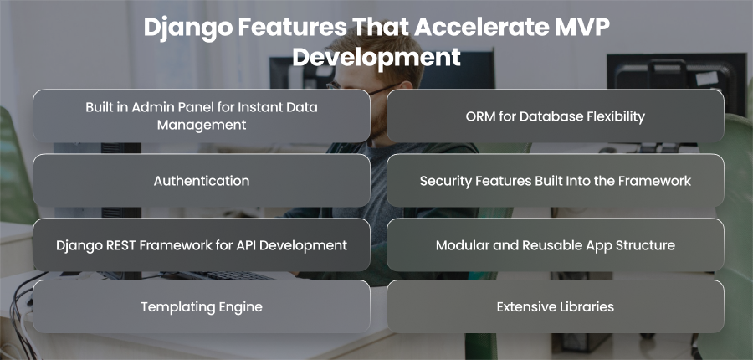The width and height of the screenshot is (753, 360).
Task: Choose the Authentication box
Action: [x=202, y=181]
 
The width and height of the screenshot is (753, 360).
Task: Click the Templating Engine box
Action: [x=202, y=306]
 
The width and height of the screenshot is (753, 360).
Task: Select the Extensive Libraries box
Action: [x=556, y=306]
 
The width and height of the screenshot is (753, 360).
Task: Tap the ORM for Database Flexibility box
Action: [x=556, y=116]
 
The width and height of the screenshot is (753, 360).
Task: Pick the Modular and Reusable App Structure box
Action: [x=556, y=245]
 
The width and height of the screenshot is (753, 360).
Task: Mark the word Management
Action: [x=202, y=125]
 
